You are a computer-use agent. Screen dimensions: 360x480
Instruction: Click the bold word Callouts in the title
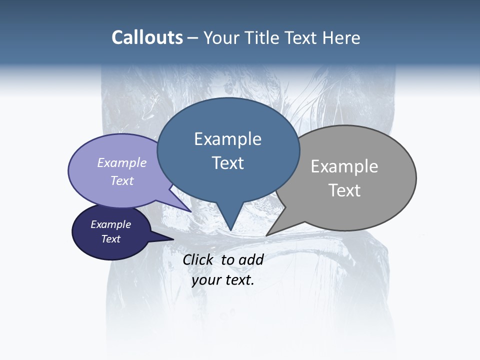pyautogui.click(x=147, y=37)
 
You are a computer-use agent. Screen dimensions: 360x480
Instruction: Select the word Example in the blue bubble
pyautogui.click(x=227, y=138)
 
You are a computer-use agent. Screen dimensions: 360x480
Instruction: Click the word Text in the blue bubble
pyautogui.click(x=227, y=162)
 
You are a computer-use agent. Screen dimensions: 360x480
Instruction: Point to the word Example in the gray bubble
pyautogui.click(x=344, y=166)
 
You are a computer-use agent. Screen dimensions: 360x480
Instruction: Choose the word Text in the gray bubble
pyautogui.click(x=344, y=190)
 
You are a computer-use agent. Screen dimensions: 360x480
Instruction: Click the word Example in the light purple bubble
pyautogui.click(x=122, y=162)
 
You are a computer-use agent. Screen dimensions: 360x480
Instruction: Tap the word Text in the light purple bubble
pyautogui.click(x=122, y=180)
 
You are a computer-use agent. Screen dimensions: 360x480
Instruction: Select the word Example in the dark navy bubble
pyautogui.click(x=110, y=224)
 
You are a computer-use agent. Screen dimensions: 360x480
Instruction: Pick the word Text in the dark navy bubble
pyautogui.click(x=110, y=238)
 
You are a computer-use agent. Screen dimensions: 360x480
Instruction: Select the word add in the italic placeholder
pyautogui.click(x=251, y=259)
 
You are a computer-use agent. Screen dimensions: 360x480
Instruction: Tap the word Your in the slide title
pyautogui.click(x=222, y=37)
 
